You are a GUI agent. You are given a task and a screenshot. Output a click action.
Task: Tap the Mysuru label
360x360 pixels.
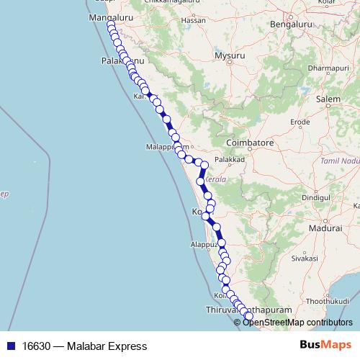coord(230,55)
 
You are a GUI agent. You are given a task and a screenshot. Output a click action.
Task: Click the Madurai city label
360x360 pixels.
coord(325,228)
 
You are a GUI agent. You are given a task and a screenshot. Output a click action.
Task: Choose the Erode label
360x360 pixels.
coord(300,122)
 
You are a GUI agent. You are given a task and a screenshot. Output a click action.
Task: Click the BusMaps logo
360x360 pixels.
coord(325,346)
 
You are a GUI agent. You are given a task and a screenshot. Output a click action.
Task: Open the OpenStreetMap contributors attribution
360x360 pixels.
coord(297,322)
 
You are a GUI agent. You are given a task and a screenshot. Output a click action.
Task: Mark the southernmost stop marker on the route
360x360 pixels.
coord(249,315)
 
